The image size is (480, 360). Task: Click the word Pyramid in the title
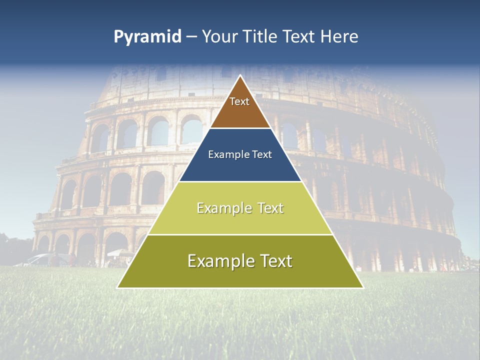pos(147,37)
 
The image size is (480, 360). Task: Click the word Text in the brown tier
pos(239,101)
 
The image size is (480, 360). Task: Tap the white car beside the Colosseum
pos(45,259)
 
